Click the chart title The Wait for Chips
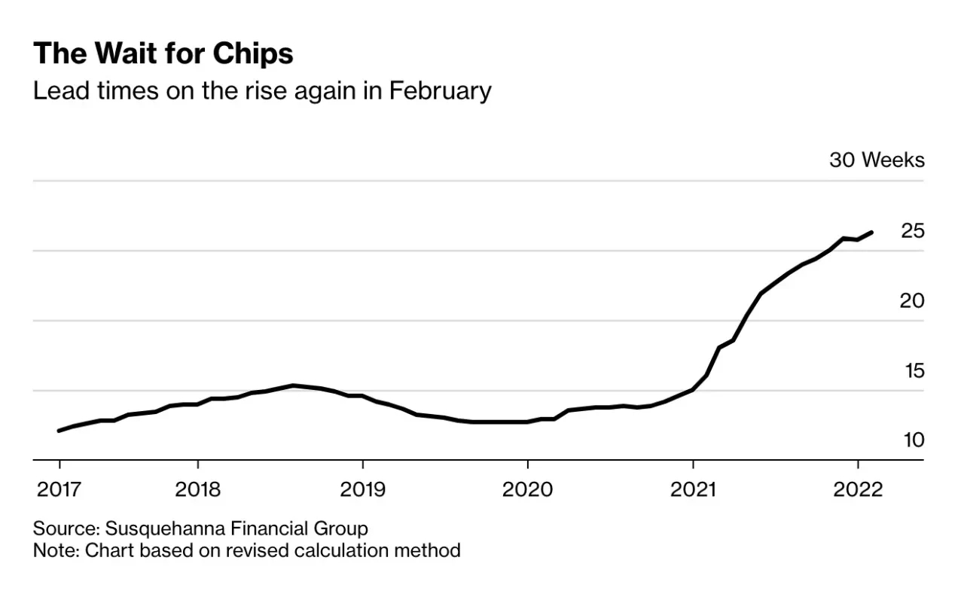[163, 54]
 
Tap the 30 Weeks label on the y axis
[877, 160]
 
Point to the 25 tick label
[912, 231]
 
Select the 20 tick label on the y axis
[912, 301]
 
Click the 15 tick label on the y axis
[913, 371]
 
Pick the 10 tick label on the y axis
[913, 440]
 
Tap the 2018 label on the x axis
[197, 489]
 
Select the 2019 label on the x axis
[363, 489]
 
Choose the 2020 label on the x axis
[528, 489]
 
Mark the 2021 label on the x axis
[693, 489]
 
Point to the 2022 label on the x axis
[858, 489]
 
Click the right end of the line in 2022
[871, 233]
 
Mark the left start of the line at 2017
[59, 431]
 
